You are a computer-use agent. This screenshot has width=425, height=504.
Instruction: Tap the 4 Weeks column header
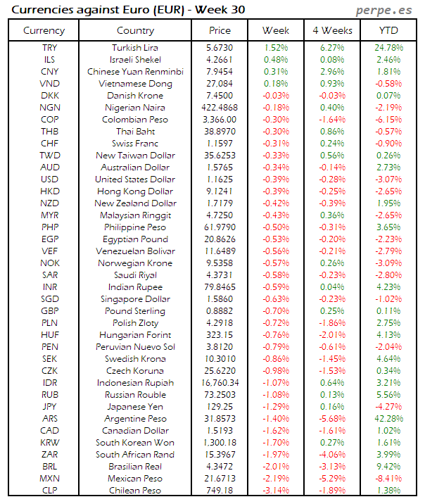332,30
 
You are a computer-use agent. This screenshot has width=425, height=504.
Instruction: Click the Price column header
220,30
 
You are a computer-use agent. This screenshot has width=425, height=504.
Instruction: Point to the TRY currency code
50,47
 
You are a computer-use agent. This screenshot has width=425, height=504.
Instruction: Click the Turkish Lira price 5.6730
220,47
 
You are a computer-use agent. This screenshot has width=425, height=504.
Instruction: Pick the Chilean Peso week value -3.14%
276,491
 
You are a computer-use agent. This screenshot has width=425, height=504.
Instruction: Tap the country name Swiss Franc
135,143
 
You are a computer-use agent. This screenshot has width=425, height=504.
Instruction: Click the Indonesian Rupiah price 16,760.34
220,383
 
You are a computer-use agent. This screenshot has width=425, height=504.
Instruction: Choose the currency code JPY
50,407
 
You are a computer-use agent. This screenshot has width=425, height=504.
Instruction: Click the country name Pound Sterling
135,311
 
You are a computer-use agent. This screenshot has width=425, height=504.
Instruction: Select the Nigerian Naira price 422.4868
220,107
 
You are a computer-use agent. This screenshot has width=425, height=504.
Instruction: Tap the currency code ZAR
50,455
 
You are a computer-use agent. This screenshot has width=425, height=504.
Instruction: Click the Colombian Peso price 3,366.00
220,119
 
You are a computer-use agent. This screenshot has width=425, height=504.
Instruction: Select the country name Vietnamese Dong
135,83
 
